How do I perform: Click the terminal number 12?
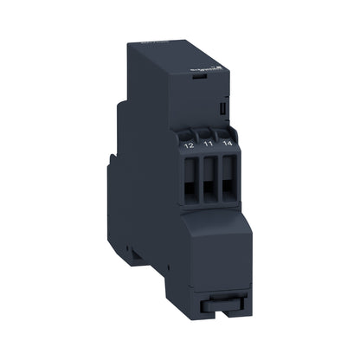click(x=190, y=146)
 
